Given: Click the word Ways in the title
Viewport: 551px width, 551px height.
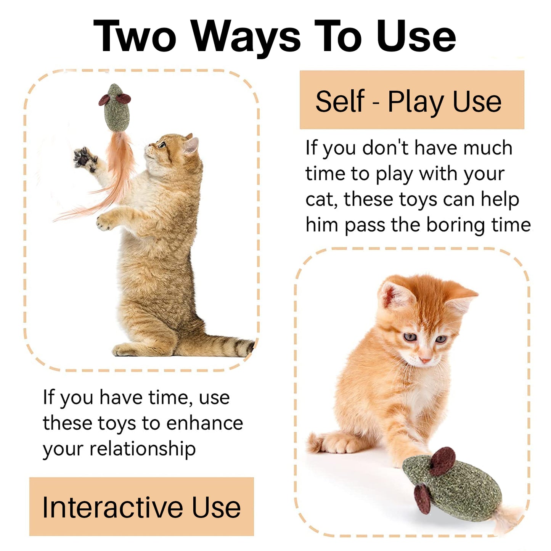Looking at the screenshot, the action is [x=246, y=39].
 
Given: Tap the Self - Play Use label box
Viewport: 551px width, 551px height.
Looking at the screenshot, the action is [x=412, y=100].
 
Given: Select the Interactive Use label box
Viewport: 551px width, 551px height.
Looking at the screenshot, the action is [x=141, y=507].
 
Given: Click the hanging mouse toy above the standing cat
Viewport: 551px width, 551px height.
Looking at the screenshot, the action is [x=115, y=108].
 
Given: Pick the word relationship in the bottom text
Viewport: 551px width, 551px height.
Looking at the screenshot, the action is [x=143, y=449].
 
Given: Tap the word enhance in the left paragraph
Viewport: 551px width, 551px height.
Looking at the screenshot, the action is [x=205, y=423].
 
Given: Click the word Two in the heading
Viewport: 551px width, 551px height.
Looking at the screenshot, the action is [x=134, y=36].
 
